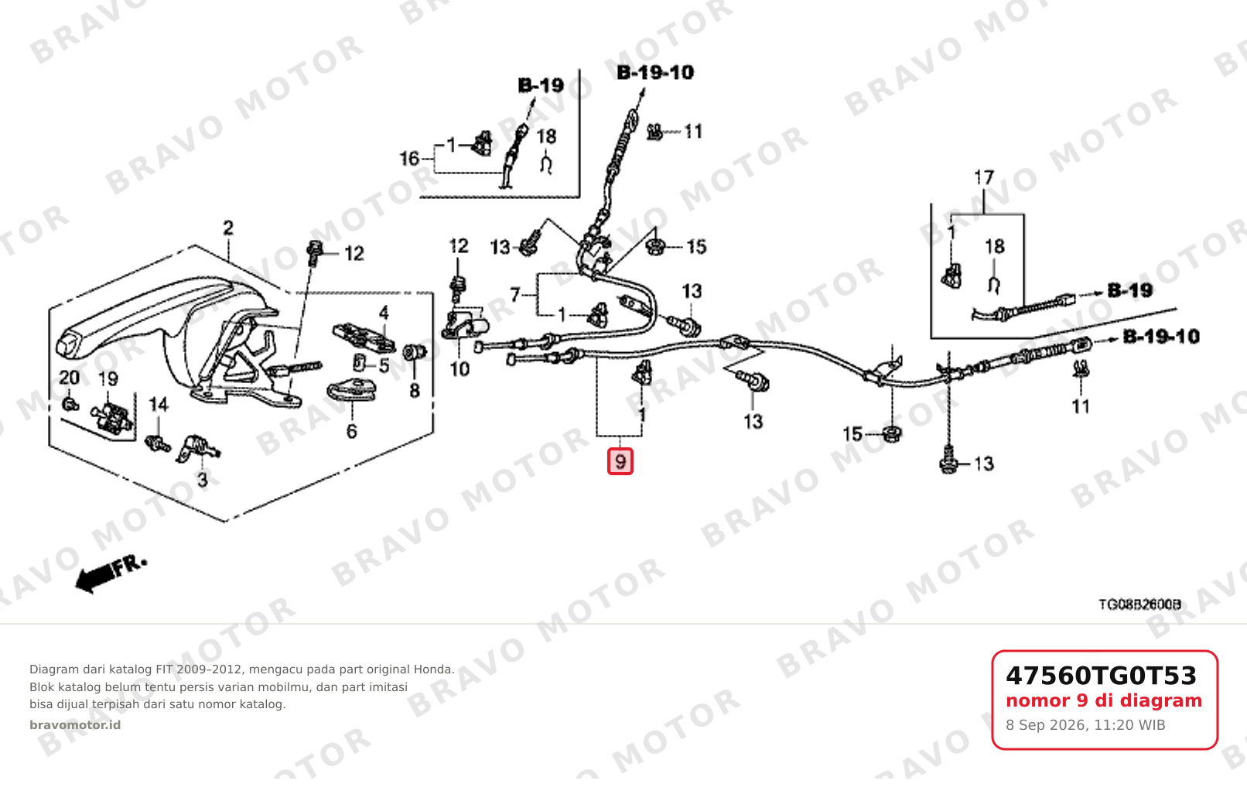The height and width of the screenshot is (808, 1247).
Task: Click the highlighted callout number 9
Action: pos(620,461)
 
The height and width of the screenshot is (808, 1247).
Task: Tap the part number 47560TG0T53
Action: pos(1101,676)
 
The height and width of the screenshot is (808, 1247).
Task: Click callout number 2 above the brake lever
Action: pos(228,228)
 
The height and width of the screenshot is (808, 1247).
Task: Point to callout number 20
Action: pos(70,378)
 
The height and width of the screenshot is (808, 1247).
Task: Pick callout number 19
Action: pos(108,379)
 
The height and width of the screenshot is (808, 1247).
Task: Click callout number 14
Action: pos(158,404)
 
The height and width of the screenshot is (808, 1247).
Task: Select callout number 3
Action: pos(203,479)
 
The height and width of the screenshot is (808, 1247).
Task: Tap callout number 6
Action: pos(351,431)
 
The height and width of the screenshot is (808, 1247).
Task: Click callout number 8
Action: pos(415,391)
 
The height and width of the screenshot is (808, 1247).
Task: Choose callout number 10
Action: pos(460,368)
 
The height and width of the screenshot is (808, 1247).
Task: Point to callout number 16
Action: pos(409,159)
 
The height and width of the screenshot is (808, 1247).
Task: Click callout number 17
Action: pos(984,178)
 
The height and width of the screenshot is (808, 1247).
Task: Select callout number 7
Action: pos(515,294)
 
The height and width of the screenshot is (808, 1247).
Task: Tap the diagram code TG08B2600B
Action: pos(1139,604)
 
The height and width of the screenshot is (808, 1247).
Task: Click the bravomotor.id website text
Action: pos(75,725)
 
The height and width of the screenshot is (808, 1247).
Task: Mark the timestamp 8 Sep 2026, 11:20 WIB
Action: pos(1085,725)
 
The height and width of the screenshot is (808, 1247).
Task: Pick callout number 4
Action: pos(384,313)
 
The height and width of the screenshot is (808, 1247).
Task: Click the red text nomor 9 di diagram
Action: pos(1104,700)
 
